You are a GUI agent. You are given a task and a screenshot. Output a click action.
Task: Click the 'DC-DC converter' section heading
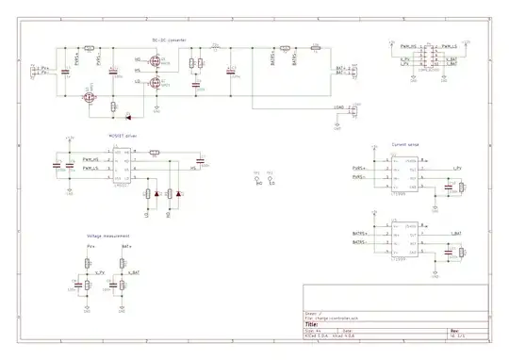(170, 40)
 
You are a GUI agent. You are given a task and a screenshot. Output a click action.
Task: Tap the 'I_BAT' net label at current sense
(456, 232)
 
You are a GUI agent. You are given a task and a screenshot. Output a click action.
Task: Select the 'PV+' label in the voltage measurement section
(90, 246)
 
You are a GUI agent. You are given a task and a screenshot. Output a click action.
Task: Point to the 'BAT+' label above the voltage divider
(125, 246)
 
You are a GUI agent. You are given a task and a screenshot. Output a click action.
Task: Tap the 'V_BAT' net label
(136, 272)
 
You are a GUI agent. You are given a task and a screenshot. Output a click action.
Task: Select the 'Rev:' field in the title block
(454, 331)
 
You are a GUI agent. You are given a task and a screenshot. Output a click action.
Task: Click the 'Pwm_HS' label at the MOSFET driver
(91, 160)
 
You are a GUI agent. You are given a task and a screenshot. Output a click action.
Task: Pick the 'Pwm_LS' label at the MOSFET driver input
(91, 168)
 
